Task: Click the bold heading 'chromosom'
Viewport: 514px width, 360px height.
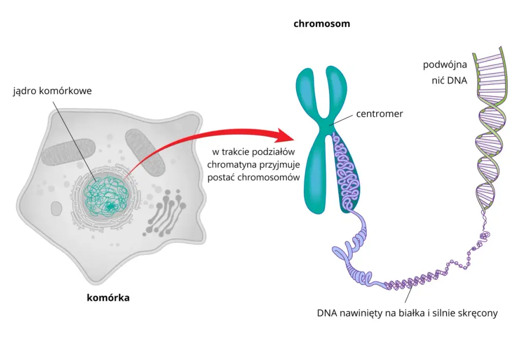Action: tap(322, 24)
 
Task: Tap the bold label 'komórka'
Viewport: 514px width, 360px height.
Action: tap(108, 298)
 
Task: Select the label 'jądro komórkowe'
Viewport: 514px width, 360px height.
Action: tap(52, 91)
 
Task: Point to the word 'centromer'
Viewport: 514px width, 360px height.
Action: tap(379, 114)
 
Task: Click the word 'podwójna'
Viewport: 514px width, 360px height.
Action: tap(445, 65)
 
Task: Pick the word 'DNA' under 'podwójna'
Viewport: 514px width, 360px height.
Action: tap(458, 80)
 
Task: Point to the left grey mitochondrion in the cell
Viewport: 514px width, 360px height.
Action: tap(68, 151)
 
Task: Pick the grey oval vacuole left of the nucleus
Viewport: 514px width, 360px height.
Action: tap(57, 208)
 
